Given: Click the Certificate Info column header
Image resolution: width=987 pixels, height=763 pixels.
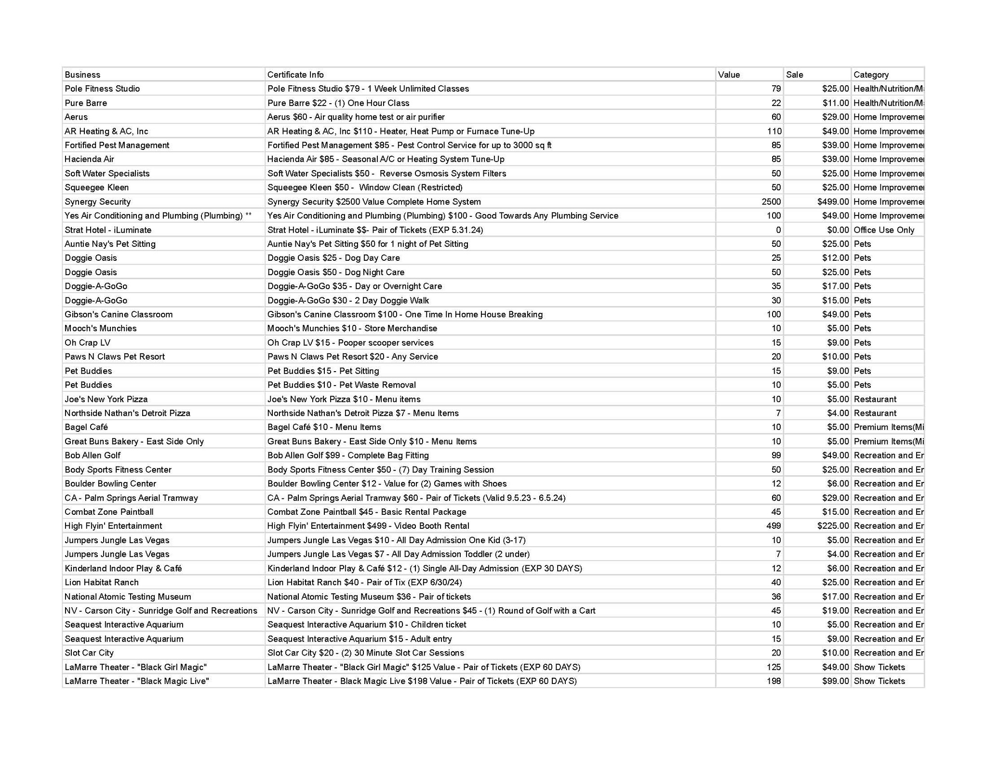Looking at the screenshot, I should click(x=295, y=75).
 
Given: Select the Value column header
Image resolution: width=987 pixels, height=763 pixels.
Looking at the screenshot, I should click(x=729, y=75).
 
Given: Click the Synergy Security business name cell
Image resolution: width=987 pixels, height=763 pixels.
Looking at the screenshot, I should click(x=98, y=201).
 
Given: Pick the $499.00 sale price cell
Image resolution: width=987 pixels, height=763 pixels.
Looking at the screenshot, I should click(x=833, y=201).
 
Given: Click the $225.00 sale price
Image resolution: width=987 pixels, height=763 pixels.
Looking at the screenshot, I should click(x=833, y=526).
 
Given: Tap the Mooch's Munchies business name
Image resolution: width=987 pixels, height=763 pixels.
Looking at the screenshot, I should click(x=101, y=328).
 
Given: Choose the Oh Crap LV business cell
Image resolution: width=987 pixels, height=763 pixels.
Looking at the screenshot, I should click(x=88, y=343).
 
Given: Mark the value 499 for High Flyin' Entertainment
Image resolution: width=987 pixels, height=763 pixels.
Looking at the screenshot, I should click(x=774, y=526).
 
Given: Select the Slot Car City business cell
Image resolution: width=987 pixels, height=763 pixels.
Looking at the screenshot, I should click(x=89, y=653).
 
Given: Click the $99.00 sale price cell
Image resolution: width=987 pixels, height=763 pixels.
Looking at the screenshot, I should click(x=836, y=681).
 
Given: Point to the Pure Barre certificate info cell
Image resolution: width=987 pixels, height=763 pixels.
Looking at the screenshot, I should click(x=338, y=103).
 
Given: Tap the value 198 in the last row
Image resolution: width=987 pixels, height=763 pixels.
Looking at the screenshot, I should click(x=774, y=681).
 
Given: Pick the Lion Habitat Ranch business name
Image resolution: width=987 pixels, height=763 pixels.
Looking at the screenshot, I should click(x=102, y=582).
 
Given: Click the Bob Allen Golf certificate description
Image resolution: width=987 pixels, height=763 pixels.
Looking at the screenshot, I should click(x=348, y=455).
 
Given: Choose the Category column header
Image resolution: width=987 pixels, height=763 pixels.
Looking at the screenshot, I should click(x=871, y=75).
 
